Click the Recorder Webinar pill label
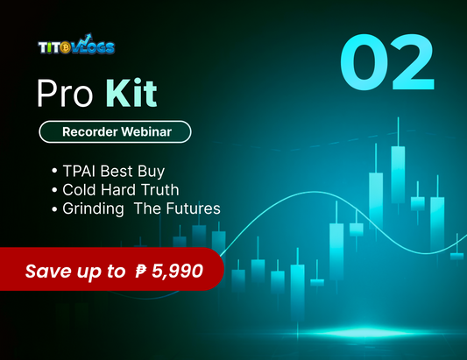tap(114, 132)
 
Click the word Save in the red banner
tap(49, 272)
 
